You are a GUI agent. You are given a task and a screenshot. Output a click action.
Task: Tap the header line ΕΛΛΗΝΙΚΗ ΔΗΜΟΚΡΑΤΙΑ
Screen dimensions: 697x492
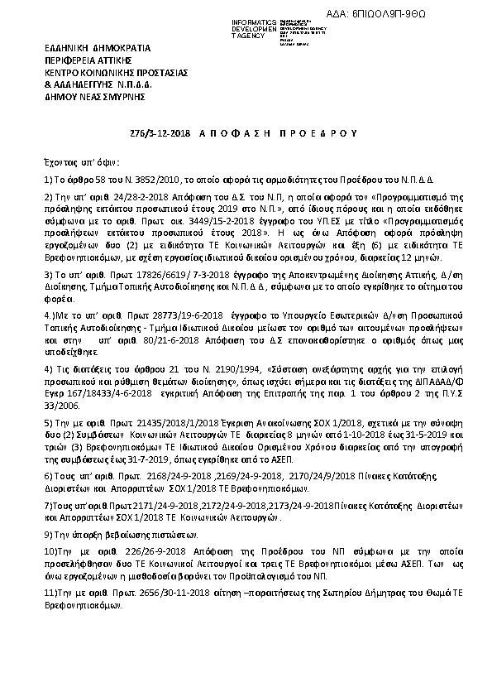click(85, 50)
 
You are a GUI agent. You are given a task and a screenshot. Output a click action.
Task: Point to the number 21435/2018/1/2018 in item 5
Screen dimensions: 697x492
click(155, 421)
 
